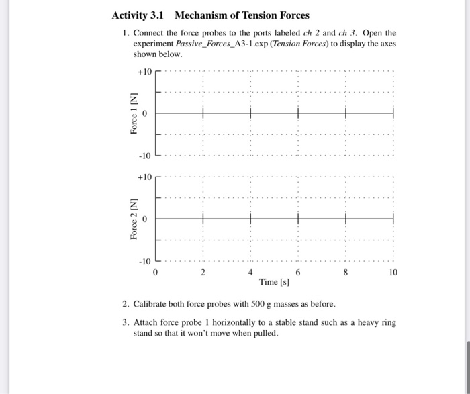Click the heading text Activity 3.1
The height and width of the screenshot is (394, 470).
click(138, 15)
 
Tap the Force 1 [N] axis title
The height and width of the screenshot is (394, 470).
click(133, 113)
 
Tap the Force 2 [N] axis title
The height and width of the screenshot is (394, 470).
click(133, 219)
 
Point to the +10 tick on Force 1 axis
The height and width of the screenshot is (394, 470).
click(145, 71)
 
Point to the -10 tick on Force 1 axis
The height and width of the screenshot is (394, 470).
click(146, 156)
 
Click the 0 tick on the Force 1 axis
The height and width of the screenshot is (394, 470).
click(144, 114)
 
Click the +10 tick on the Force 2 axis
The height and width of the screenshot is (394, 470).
click(145, 177)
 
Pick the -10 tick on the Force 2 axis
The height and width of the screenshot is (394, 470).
click(146, 262)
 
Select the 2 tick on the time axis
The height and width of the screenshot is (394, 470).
click(203, 273)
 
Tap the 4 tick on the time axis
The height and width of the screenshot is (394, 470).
click(250, 273)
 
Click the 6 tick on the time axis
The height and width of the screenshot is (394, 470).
click(298, 273)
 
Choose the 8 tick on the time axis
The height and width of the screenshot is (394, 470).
click(346, 273)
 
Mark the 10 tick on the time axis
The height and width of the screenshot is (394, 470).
click(393, 273)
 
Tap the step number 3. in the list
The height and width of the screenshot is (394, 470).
click(126, 322)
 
